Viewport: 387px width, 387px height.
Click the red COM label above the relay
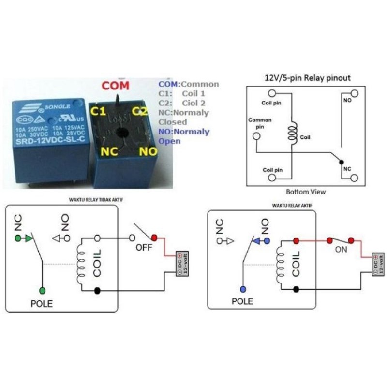coord(116,86)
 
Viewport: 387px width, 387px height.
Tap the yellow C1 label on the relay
coord(99,111)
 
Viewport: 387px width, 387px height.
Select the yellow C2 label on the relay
coord(140,111)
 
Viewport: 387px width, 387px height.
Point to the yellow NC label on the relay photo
coord(109,151)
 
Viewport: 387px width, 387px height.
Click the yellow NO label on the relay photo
coord(149,151)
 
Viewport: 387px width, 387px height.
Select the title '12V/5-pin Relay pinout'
coord(307,77)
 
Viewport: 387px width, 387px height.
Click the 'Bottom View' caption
coord(306,192)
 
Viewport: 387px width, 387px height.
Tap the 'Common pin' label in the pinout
coord(260,123)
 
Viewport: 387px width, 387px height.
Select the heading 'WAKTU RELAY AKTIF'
coord(292,205)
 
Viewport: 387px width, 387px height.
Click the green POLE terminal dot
coord(43,290)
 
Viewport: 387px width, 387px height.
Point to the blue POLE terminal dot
coord(243,289)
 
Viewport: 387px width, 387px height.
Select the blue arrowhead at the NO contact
coord(258,240)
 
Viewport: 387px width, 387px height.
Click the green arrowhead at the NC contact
coord(29,238)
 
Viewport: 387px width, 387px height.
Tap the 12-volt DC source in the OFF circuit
coord(181,263)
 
